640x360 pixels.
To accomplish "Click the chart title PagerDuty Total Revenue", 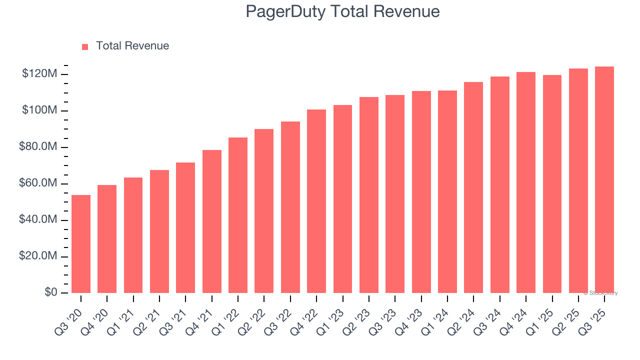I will [342, 11].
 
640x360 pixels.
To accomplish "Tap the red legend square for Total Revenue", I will [85, 46].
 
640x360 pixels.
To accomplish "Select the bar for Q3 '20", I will [81, 244].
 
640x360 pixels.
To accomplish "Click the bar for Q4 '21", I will [212, 221].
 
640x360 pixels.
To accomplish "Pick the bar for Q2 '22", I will [264, 211].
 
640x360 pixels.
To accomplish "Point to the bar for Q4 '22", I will [316, 201].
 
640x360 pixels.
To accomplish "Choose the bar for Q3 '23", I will [395, 194].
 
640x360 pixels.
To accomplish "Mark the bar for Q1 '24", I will [447, 191].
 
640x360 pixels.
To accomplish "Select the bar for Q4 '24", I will [526, 182].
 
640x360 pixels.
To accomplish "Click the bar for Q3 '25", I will [604, 179].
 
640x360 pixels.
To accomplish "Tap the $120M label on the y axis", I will [39, 74].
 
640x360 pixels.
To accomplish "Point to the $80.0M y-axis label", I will [37, 147].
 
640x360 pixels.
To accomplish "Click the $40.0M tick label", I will [37, 220].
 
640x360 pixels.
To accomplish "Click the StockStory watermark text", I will [600, 293].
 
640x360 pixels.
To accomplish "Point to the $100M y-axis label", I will [39, 110].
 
